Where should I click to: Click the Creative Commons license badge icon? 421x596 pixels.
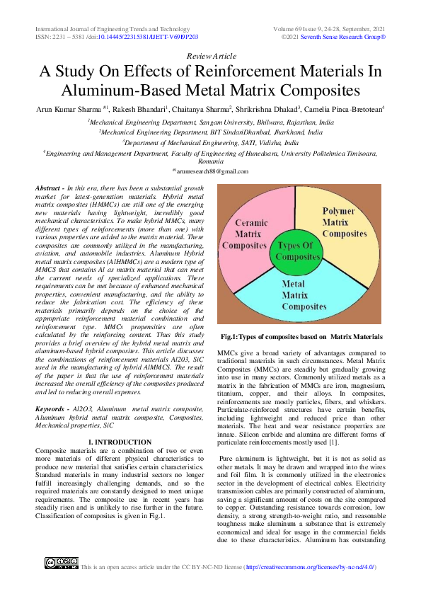click(61, 563)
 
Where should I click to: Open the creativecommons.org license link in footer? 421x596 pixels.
click(309, 567)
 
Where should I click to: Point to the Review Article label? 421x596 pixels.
click(210, 56)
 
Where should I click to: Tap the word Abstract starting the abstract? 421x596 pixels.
click(48, 186)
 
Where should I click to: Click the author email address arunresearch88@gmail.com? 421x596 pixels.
click(210, 171)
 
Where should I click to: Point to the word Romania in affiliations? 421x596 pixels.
click(210, 161)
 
